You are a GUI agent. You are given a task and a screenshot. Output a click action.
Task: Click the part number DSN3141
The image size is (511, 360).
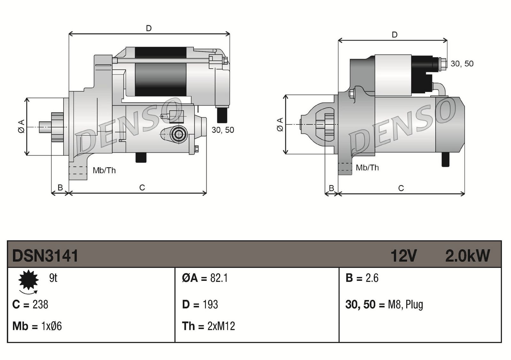(45, 256)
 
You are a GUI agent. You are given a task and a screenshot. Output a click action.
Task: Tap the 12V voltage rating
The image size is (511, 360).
(403, 256)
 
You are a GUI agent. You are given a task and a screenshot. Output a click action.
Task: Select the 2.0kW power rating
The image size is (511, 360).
(467, 256)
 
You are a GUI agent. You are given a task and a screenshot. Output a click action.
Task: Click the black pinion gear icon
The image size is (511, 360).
(28, 280)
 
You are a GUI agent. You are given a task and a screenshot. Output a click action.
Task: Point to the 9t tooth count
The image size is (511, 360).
(53, 278)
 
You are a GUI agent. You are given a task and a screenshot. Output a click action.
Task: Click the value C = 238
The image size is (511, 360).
(30, 304)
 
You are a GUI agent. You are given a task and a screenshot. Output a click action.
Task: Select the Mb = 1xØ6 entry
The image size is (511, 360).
(37, 326)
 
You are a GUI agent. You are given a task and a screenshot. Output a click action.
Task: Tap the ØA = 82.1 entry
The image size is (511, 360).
(205, 278)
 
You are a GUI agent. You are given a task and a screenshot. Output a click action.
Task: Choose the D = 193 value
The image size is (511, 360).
(200, 304)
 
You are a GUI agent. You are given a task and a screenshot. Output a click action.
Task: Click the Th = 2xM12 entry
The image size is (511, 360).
(208, 326)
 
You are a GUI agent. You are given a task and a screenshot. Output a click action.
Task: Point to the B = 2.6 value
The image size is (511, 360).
(362, 278)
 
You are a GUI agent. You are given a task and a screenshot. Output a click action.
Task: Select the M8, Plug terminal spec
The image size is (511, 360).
(405, 304)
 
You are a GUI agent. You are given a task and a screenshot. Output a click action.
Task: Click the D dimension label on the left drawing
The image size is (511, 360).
(149, 28)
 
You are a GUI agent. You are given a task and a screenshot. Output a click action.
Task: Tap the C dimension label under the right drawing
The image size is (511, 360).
(401, 188)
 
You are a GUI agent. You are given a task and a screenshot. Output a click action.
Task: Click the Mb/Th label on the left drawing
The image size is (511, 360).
(104, 170)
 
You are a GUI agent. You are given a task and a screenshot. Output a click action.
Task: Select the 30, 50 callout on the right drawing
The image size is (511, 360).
(462, 64)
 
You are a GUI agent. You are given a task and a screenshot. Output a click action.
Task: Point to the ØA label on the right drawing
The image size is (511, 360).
(280, 124)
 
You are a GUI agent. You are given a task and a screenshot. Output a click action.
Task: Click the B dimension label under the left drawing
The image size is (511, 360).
(60, 188)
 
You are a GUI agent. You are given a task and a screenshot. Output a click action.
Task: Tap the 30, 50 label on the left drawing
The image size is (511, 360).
(223, 130)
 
